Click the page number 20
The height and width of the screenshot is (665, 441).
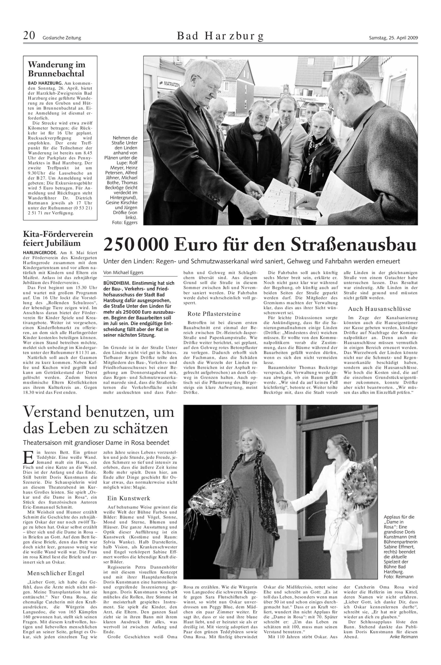tap(29, 36)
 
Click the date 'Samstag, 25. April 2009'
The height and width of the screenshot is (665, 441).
tap(393, 38)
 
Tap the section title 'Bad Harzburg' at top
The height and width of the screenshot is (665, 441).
tap(220, 36)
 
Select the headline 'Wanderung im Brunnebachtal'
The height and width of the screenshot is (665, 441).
tap(56, 69)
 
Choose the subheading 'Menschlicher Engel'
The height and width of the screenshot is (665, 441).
tap(56, 557)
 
